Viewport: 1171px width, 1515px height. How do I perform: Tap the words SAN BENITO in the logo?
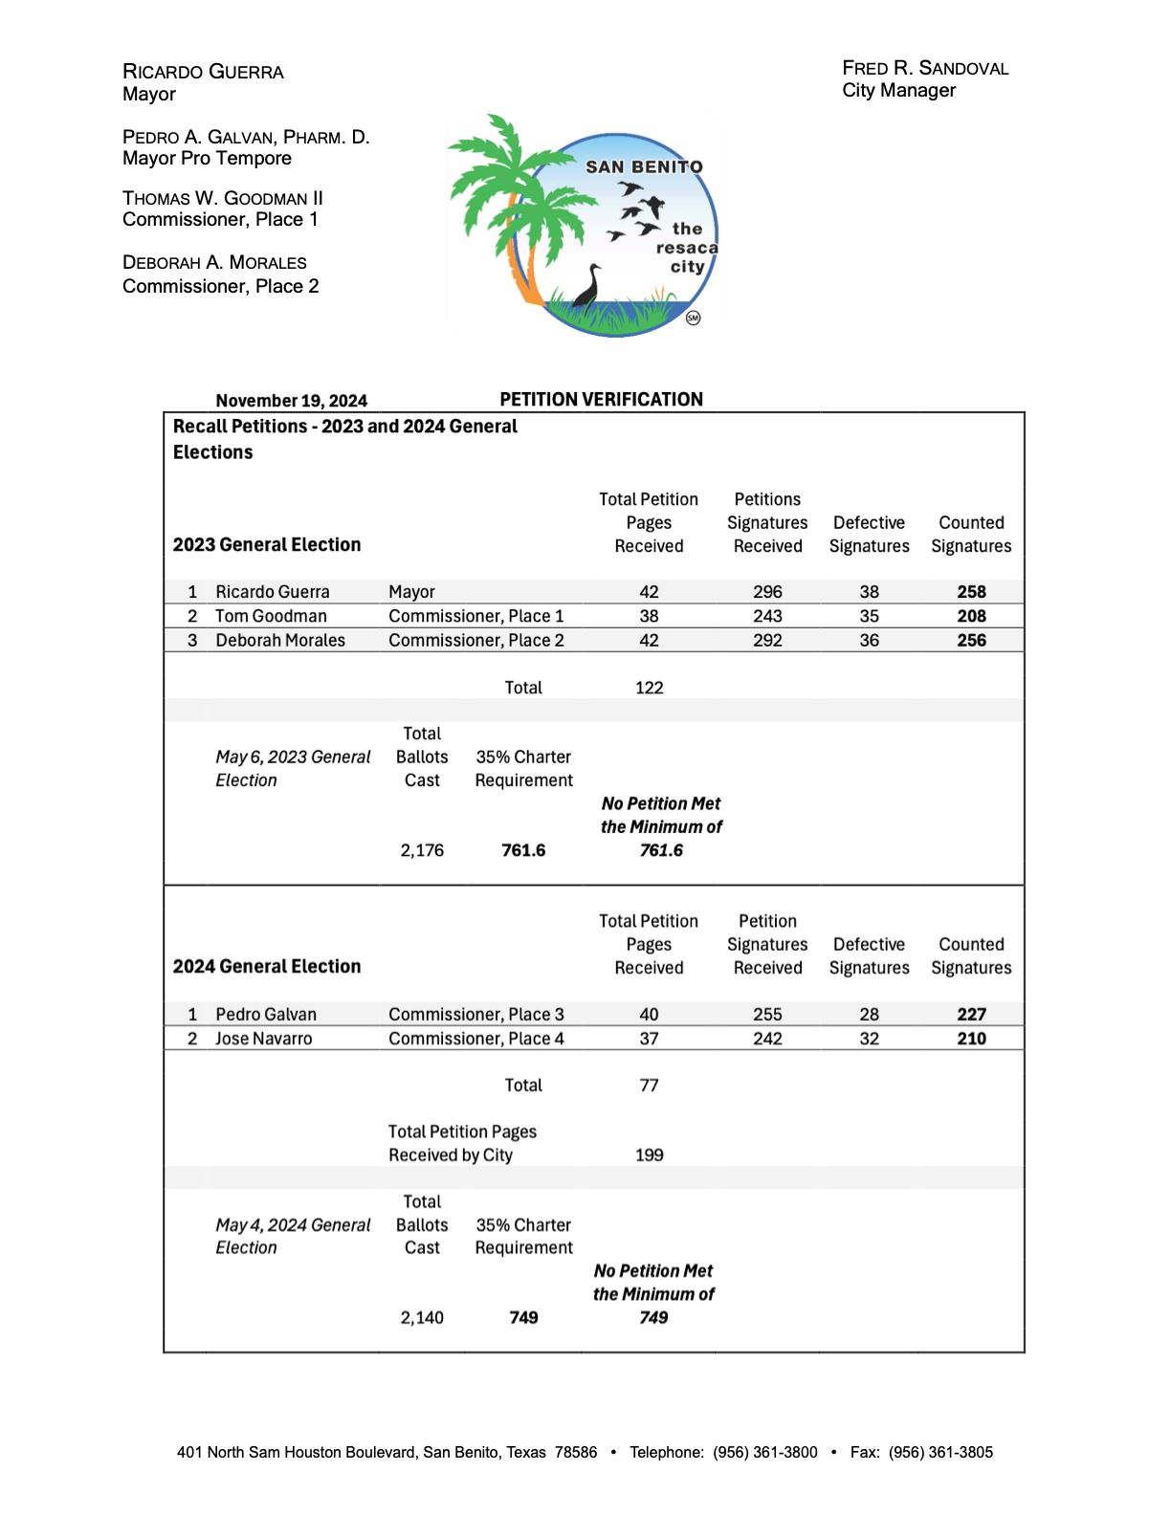tap(644, 167)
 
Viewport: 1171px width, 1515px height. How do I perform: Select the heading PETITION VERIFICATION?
tap(601, 400)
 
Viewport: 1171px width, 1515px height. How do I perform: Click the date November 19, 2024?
tap(291, 401)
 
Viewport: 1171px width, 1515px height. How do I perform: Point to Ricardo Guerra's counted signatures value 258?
tap(971, 592)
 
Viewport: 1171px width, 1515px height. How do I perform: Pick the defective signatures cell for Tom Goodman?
tap(869, 616)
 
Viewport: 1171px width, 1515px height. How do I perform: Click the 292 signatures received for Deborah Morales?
tap(767, 640)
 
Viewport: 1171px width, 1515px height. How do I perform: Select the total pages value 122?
tap(649, 688)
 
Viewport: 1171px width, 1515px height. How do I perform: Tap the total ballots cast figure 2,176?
tap(422, 850)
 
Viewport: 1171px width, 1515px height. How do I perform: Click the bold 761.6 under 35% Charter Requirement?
tap(523, 850)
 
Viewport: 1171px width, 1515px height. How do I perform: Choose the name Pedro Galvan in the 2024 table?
tap(266, 1014)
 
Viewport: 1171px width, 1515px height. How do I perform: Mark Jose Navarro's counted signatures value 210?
tap(971, 1039)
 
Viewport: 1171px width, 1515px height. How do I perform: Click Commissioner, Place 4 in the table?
tap(476, 1039)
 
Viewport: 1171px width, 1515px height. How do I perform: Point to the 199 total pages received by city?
tap(649, 1155)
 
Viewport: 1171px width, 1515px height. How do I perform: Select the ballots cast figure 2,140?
tap(422, 1318)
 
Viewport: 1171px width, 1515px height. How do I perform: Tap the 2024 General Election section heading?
tap(267, 967)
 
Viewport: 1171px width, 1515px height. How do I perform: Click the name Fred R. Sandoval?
tap(925, 68)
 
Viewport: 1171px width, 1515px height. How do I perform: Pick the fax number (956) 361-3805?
tap(940, 1452)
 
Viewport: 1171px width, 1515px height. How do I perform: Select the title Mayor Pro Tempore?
tap(207, 159)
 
